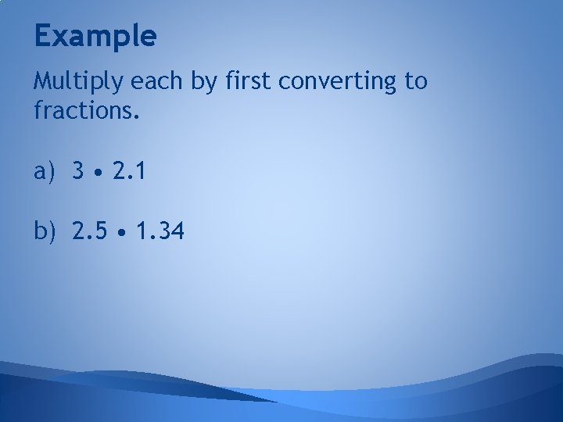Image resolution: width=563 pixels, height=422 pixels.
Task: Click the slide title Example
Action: click(95, 36)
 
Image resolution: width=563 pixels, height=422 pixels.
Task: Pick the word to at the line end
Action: click(414, 82)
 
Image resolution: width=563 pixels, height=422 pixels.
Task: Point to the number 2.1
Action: click(127, 171)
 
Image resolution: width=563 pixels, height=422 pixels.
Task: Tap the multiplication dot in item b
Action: click(123, 232)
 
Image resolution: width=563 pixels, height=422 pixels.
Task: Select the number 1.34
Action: click(160, 231)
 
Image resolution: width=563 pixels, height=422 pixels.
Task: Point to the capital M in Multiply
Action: click(42, 82)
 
